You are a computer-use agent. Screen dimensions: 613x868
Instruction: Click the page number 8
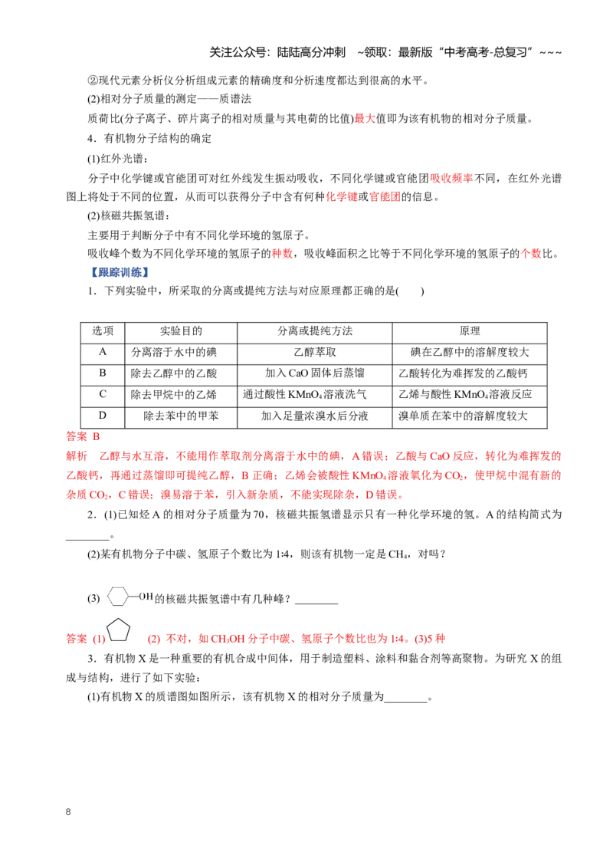68,811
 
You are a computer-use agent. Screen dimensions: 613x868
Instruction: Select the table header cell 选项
103,331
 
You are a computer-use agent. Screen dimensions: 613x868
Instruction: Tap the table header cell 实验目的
181,331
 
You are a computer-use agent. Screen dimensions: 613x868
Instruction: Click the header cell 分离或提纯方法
315,331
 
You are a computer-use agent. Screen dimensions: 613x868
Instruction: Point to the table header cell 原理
470,331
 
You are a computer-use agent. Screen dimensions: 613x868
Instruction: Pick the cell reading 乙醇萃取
315,352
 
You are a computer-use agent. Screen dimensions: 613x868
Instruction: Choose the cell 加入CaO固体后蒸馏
315,373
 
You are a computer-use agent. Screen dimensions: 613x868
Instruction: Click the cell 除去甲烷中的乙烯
174,395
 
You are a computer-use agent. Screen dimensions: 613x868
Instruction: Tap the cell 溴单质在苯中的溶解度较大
463,416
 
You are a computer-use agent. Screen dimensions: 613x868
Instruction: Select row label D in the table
103,415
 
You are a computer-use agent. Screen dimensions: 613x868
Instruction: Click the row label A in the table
103,352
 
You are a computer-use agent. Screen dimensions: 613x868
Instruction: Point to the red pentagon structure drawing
118,630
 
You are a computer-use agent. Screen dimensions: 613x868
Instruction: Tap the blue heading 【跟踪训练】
119,272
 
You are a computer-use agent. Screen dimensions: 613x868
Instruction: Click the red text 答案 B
83,437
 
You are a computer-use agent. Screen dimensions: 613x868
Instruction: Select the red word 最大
365,118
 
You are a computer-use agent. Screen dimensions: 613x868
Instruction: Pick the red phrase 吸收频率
451,178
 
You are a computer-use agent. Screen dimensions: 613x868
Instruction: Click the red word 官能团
385,196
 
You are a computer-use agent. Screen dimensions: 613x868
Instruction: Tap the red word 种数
282,254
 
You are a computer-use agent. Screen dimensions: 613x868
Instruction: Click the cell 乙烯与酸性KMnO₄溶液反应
465,395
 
